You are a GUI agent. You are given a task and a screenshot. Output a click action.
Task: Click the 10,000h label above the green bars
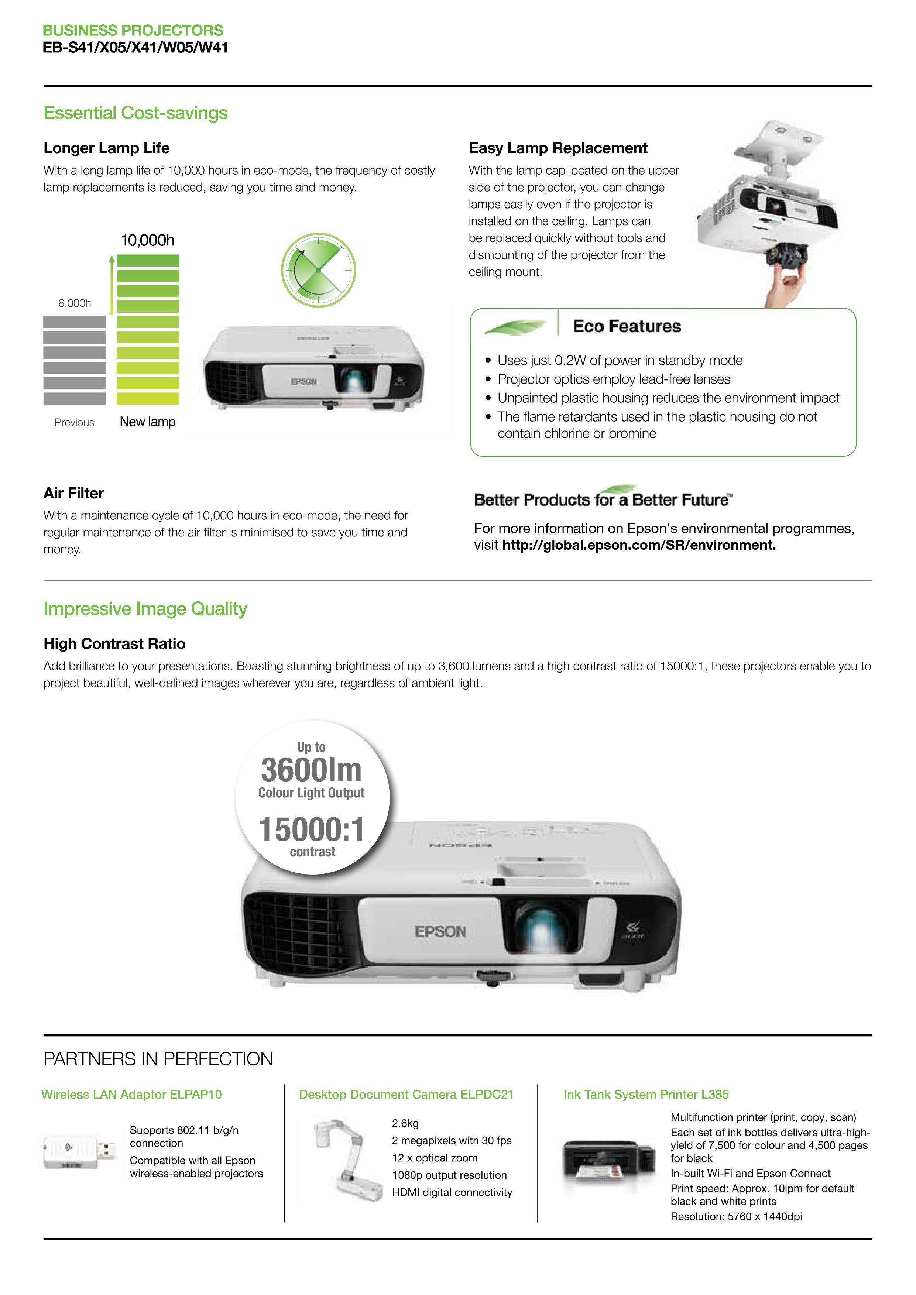(x=148, y=240)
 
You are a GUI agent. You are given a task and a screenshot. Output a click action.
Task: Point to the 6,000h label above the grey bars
(x=75, y=303)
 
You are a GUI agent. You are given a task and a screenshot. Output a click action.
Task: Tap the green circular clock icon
(x=319, y=270)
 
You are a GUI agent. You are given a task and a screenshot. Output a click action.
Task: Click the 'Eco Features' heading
(x=627, y=327)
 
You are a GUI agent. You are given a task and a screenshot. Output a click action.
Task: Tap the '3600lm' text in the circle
(x=311, y=770)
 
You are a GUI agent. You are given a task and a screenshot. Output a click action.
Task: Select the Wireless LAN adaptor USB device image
(x=79, y=1151)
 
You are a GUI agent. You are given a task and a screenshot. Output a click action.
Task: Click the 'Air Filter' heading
(x=74, y=494)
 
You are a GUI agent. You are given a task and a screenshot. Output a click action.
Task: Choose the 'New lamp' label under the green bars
(x=148, y=422)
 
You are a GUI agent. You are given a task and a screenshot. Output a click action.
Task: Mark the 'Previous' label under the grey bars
(x=75, y=422)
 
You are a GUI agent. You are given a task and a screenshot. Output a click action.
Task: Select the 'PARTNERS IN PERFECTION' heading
(x=158, y=1059)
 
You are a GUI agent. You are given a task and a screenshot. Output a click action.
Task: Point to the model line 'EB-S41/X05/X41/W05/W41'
(x=135, y=48)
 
